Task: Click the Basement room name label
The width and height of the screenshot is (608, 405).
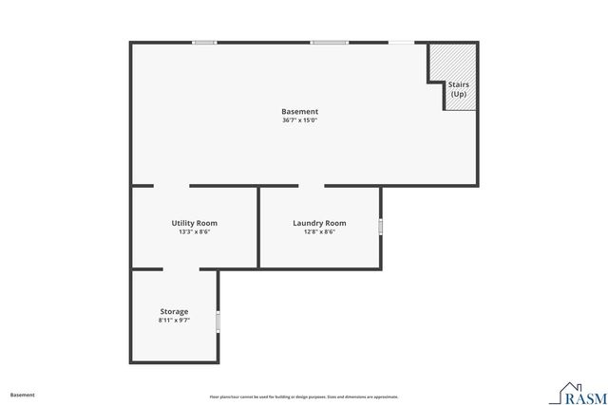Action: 299,111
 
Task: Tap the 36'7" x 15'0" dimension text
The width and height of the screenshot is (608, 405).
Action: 299,120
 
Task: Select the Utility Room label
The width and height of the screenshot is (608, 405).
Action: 194,223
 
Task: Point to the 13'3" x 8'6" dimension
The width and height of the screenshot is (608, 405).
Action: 194,232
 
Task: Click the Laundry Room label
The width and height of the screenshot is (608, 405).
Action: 319,223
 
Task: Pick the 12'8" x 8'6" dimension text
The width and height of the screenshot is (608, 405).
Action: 319,232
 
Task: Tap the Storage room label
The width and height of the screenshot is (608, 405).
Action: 174,311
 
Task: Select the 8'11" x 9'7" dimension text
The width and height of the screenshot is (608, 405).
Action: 174,321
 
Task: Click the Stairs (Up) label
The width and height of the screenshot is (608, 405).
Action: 459,89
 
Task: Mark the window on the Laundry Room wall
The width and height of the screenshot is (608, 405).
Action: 381,227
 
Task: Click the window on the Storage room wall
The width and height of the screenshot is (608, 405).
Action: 218,322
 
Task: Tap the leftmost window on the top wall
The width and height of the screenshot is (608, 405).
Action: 204,42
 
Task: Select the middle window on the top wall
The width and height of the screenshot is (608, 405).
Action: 329,42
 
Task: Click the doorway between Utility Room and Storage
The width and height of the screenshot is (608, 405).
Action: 180,269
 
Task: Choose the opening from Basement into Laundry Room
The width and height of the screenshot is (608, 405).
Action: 312,186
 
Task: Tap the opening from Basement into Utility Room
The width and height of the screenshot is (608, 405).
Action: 171,186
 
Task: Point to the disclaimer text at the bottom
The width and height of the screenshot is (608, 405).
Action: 303,396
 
